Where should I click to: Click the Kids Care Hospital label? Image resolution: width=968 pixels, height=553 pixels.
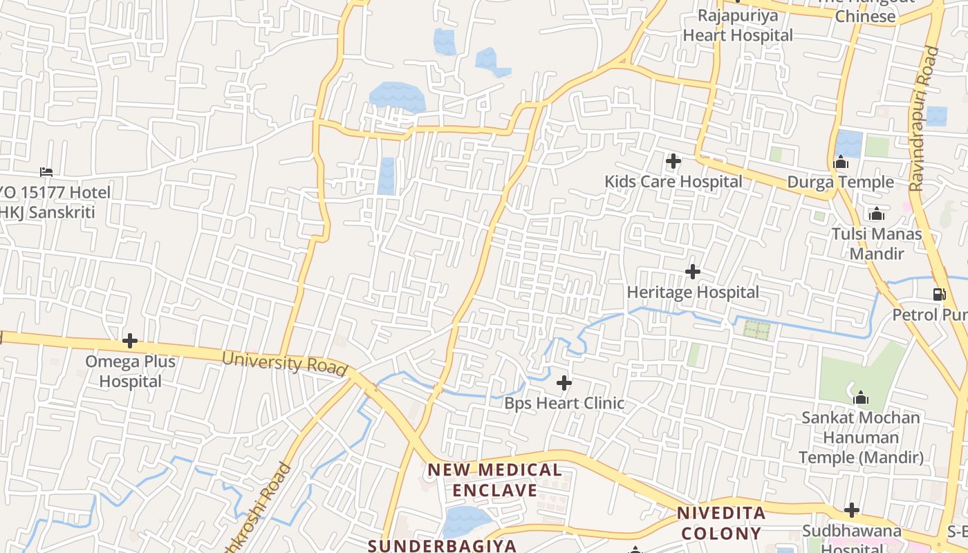click(x=673, y=182)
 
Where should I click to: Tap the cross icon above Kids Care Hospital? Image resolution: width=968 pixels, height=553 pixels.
click(x=673, y=162)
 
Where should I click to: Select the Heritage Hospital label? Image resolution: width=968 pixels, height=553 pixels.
click(x=693, y=292)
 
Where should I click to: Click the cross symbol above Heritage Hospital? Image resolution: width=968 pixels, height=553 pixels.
click(x=693, y=272)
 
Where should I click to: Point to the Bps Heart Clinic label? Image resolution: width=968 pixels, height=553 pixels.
click(x=564, y=403)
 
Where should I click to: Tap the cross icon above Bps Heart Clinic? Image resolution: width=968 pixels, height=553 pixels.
click(x=564, y=382)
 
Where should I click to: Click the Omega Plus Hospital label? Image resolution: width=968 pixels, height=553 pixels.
click(x=130, y=371)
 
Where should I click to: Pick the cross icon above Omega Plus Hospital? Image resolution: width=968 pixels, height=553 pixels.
click(x=130, y=341)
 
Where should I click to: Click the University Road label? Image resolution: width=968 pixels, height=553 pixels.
click(x=284, y=364)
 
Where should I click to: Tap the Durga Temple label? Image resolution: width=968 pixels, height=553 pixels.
click(x=841, y=182)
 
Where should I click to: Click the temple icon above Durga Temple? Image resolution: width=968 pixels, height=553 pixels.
click(x=841, y=162)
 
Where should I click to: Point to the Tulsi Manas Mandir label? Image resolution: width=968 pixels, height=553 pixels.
click(x=877, y=243)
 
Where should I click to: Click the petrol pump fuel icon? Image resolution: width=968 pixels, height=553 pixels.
click(x=939, y=294)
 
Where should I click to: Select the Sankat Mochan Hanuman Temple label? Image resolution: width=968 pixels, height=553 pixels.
click(x=861, y=438)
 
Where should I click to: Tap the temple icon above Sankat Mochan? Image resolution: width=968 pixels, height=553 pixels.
click(x=861, y=397)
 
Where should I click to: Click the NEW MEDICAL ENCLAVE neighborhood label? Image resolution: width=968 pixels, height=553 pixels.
click(x=494, y=480)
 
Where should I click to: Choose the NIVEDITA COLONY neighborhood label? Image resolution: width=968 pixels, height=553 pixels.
click(x=721, y=523)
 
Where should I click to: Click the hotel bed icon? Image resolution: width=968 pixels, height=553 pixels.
click(x=46, y=171)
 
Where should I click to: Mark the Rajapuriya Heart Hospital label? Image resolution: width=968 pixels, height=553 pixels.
click(x=738, y=25)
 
